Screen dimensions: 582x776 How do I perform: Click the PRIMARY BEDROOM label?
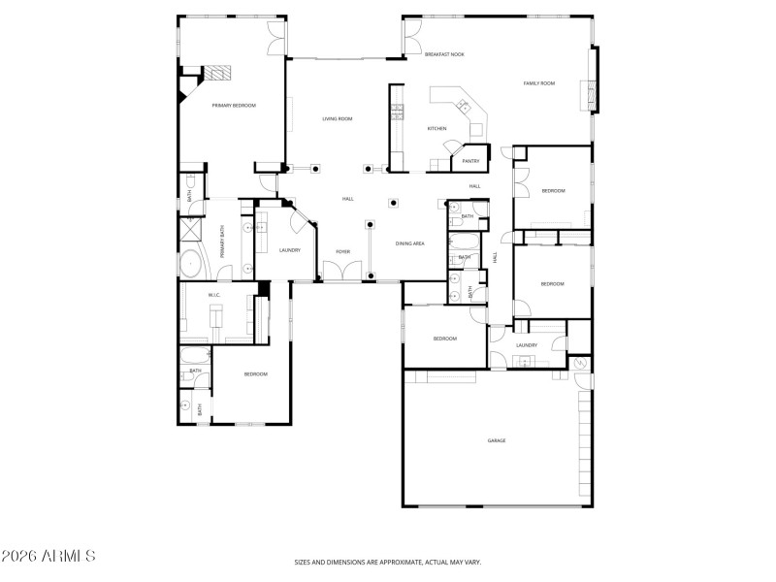pos(234,105)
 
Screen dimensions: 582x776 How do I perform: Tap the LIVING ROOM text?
pos(338,118)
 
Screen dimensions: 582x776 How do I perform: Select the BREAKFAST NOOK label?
pos(444,54)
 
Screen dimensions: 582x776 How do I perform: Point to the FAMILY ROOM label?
pos(539,83)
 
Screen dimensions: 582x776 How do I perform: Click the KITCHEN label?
pos(437,128)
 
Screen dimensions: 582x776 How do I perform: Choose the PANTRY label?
pos(470,161)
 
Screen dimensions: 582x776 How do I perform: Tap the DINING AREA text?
pos(410,243)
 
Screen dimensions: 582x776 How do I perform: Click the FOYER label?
pos(343,251)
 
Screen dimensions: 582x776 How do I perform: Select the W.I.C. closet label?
pos(214,295)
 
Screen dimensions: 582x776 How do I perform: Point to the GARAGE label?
pos(497,440)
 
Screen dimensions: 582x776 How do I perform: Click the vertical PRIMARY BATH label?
pos(221,241)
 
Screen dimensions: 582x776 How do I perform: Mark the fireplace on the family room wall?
pos(585,95)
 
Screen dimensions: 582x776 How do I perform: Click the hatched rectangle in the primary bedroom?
pos(217,72)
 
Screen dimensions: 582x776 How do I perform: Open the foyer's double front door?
pos(340,280)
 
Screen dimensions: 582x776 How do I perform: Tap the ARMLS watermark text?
pos(48,556)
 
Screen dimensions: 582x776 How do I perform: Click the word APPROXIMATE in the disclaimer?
pos(391,562)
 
